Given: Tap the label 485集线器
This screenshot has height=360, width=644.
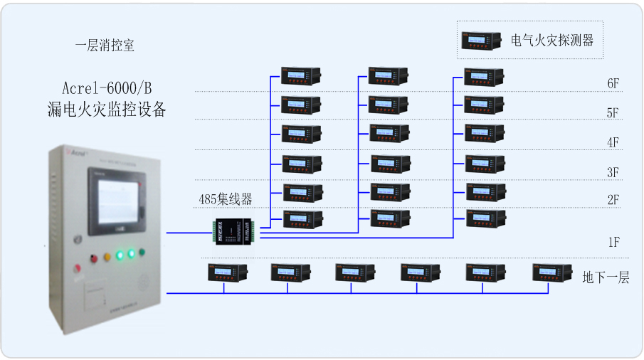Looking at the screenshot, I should (226, 199).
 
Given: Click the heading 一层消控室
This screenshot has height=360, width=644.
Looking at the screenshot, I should (105, 46).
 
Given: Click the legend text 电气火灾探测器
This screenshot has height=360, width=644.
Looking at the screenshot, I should (552, 41).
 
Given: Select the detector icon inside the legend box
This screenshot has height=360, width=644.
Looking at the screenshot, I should (482, 41).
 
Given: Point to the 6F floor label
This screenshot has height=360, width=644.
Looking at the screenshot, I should (613, 83).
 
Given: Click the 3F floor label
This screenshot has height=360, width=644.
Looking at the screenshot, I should (613, 172).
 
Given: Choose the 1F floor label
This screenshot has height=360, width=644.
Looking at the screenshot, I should (613, 243).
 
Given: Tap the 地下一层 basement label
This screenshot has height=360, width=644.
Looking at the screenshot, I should (606, 277).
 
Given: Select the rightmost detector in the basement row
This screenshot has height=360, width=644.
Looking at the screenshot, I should (552, 272).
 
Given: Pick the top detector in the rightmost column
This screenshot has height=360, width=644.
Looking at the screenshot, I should (484, 76).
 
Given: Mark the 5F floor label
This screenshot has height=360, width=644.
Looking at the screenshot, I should (613, 113).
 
